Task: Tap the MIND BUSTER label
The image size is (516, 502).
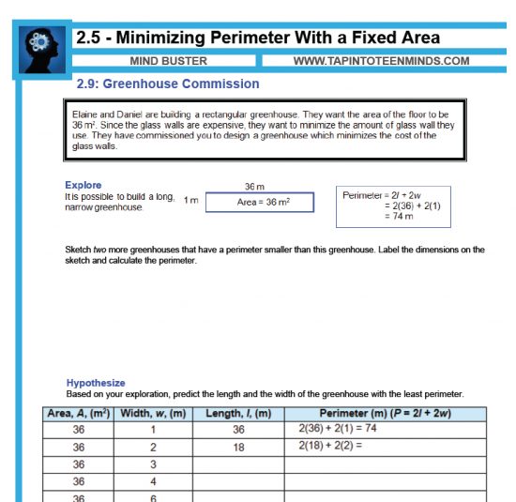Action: (x=168, y=62)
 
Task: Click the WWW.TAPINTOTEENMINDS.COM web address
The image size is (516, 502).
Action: (x=381, y=62)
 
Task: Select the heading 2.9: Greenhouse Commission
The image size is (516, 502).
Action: (x=168, y=84)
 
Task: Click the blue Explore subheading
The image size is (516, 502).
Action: (x=83, y=185)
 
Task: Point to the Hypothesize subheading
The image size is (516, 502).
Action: (x=96, y=383)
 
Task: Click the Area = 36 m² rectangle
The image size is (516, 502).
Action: (x=261, y=203)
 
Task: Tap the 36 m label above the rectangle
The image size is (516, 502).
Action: (x=254, y=187)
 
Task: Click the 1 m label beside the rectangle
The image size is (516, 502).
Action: (x=191, y=200)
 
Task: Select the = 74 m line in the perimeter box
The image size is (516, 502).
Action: (x=401, y=216)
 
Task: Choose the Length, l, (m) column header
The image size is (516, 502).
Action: (x=238, y=414)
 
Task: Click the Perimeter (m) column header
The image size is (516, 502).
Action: (x=386, y=414)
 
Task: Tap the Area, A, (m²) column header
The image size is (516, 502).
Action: (x=79, y=414)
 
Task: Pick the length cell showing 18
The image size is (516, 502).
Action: (x=238, y=448)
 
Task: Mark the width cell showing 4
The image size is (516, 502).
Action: (x=153, y=481)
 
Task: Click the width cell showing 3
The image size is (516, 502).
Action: (x=153, y=464)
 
